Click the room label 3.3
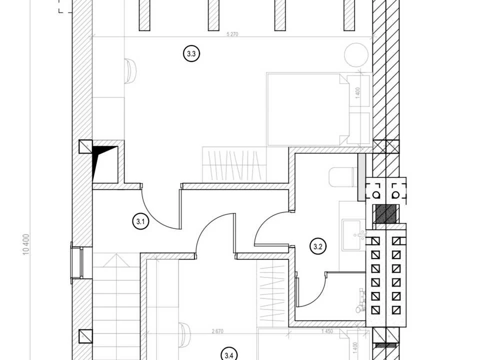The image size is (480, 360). pos(191,54)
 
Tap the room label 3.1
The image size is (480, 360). pos(140,221)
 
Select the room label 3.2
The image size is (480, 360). pos(318,246)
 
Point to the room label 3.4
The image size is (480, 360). pos(229,355)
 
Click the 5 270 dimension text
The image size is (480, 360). pos(232,34)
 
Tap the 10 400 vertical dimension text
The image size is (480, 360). pos(26,244)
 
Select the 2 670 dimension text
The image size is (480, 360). pos(217,331)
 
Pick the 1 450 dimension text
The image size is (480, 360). pos(327,331)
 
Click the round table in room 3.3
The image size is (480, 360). pos(356,54)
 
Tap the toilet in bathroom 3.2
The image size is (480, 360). pos(343,177)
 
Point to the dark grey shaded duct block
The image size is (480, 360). pos(386,213)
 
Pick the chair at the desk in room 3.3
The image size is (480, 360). pos(130,71)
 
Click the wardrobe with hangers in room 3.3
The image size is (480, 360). pos(234,165)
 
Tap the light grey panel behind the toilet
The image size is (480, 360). pos(361,177)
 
